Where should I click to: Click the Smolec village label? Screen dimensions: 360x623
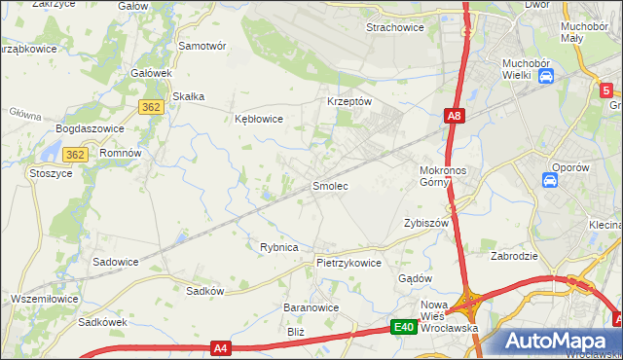point(330,185)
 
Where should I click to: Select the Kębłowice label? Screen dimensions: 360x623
point(259,119)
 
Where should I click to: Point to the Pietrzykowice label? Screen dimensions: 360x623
point(348,263)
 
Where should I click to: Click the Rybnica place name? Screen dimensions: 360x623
point(278,247)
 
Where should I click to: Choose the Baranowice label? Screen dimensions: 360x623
point(311,307)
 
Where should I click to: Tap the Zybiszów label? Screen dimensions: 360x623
point(425,223)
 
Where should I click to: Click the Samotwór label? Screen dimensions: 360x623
point(202,46)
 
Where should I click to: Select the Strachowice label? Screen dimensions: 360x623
point(394,27)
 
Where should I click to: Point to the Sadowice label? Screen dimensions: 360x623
point(115,262)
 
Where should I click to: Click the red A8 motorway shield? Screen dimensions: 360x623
point(455,117)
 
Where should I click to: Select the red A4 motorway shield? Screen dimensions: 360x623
point(221,346)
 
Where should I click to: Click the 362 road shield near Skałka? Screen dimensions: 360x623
point(150,107)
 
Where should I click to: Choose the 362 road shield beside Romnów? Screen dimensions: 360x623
point(76,155)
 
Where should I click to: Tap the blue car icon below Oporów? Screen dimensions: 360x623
point(550,181)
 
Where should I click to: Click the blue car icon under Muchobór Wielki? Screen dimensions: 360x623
point(546,75)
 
